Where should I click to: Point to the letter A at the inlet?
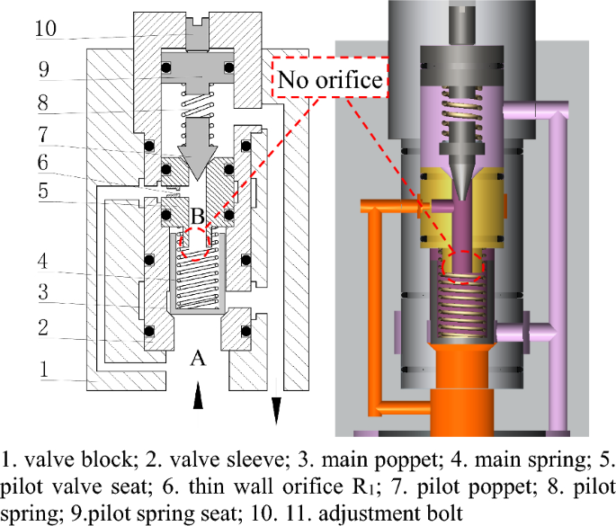point(200,359)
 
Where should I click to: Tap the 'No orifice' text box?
point(329,79)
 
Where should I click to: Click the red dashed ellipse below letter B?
point(199,244)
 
